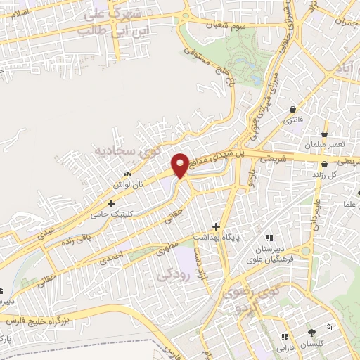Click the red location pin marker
point(180,165)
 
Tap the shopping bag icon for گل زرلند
point(324,162)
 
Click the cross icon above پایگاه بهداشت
point(217,227)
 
